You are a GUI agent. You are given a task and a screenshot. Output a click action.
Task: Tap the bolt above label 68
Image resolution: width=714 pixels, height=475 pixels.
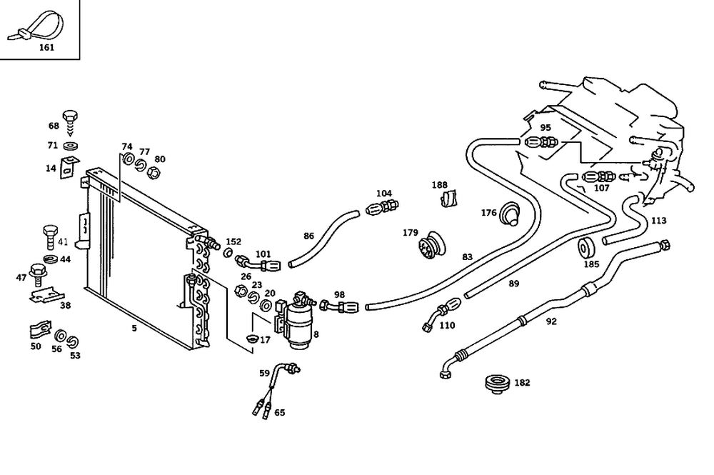pos(70,120)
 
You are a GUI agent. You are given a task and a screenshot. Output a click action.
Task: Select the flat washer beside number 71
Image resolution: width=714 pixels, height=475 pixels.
pos(71,146)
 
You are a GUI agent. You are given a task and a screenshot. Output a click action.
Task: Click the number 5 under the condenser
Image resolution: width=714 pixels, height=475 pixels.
pos(134,328)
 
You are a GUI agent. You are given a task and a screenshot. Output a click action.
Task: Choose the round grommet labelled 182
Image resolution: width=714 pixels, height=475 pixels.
pos(497,384)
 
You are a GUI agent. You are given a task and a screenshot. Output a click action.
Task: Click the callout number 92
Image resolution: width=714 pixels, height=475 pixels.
pos(551,321)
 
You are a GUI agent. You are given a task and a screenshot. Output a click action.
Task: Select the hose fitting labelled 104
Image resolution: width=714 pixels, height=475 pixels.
pos(383,208)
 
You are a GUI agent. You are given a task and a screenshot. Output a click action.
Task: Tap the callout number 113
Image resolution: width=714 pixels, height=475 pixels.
pos(658,221)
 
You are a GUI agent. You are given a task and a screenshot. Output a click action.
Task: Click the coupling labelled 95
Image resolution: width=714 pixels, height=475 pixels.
pos(541,143)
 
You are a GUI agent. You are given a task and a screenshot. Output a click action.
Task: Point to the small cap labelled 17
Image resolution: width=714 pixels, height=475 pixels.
pos(251,339)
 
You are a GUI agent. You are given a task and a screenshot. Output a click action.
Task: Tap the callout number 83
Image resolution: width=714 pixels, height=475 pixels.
pos(467,257)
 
